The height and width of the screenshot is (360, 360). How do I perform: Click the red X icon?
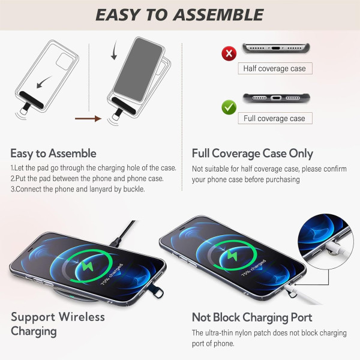(229, 53)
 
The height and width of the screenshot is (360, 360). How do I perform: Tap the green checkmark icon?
(229, 107)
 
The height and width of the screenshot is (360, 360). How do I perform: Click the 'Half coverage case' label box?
(275, 68)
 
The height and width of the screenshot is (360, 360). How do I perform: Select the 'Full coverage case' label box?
(275, 118)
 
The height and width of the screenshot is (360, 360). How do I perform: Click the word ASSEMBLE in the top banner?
(218, 15)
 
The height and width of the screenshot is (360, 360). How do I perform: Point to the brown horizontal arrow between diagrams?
(88, 119)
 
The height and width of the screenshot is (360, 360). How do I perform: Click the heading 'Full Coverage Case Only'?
(253, 154)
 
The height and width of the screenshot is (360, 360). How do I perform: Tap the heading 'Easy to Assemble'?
(53, 154)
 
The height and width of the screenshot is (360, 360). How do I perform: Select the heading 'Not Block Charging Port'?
(252, 317)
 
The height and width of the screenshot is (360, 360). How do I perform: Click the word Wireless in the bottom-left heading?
(82, 317)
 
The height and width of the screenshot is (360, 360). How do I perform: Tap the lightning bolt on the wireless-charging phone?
(88, 266)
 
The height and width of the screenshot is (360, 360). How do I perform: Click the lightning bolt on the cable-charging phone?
(232, 256)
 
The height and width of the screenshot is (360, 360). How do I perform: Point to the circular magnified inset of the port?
(325, 242)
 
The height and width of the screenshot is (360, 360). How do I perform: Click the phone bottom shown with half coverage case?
(276, 48)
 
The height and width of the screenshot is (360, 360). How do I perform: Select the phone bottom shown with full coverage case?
(276, 98)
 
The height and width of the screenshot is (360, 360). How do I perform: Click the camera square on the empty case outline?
(65, 61)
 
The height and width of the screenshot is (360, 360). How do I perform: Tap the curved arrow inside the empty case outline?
(44, 82)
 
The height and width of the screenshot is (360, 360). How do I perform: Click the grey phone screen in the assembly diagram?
(138, 70)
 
